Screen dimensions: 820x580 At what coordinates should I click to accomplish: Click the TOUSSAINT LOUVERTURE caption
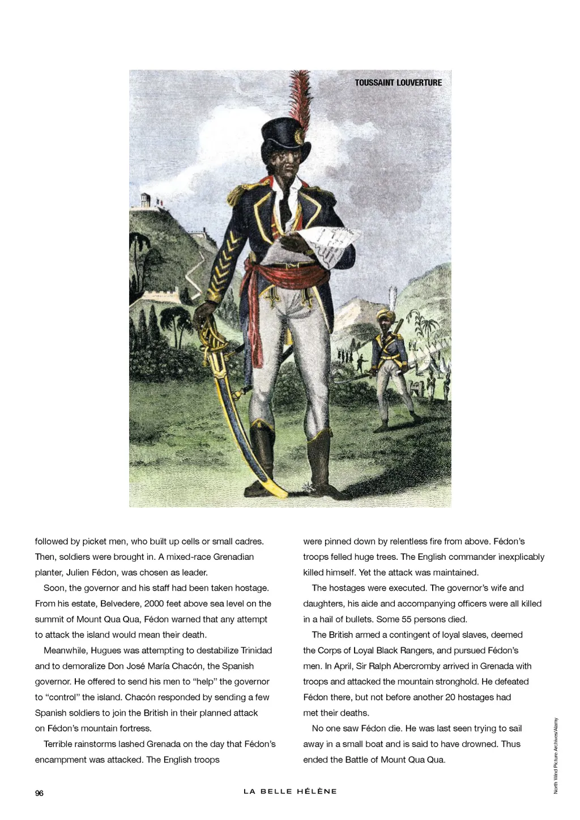click(x=398, y=83)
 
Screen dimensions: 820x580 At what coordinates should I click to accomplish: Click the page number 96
click(x=39, y=793)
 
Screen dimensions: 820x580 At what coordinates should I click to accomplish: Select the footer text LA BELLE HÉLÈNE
click(x=290, y=791)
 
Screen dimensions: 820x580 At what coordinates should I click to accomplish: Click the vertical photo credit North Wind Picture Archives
click(x=556, y=755)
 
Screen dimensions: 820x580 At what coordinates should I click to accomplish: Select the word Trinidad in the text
click(x=256, y=651)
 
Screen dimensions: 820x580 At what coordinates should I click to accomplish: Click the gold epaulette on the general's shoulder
click(x=240, y=193)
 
